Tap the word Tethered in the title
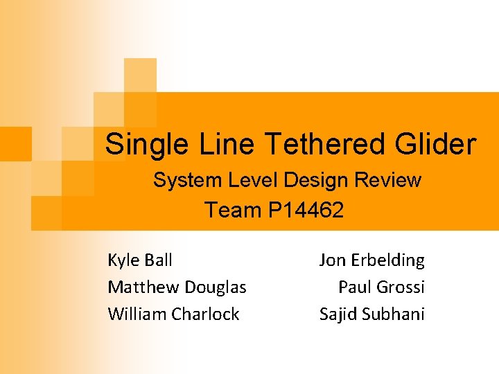click(x=324, y=145)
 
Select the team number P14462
click(x=305, y=211)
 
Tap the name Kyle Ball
click(x=140, y=260)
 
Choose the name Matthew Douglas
click(x=177, y=287)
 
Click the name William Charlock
click(x=173, y=314)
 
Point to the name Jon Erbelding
click(x=371, y=260)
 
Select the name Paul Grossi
click(x=381, y=287)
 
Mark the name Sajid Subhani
click(x=371, y=314)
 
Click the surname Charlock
click(x=206, y=314)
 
